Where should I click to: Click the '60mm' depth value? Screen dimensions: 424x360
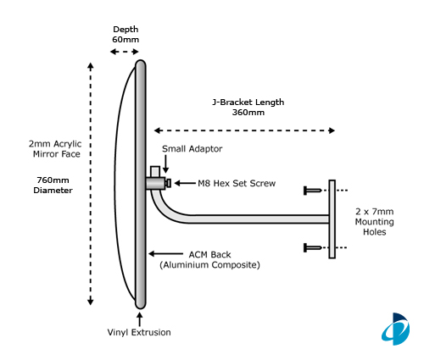(126, 39)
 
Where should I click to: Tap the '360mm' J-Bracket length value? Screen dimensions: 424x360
(248, 113)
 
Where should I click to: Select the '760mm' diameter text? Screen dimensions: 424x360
(53, 180)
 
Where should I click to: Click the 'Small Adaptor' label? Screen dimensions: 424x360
(192, 149)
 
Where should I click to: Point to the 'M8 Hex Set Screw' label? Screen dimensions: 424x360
(237, 183)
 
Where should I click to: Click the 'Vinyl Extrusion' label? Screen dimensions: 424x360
(139, 332)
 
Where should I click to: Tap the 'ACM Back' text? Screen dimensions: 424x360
(209, 255)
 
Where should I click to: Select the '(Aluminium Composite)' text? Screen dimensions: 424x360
(209, 265)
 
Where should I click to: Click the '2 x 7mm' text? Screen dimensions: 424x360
(375, 212)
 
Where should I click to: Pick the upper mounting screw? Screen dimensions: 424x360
(313, 191)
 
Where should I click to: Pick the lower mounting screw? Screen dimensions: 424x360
(313, 248)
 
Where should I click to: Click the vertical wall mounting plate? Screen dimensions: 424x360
(332, 219)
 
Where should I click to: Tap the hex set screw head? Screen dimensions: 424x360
(168, 183)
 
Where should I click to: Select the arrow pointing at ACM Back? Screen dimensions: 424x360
(166, 254)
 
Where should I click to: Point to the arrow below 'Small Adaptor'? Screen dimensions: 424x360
(166, 163)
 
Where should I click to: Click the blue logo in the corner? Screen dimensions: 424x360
(396, 329)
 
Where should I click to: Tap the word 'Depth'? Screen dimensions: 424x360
(126, 30)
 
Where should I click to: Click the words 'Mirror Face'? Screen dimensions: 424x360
(57, 154)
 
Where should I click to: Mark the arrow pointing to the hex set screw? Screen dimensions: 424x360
(185, 183)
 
